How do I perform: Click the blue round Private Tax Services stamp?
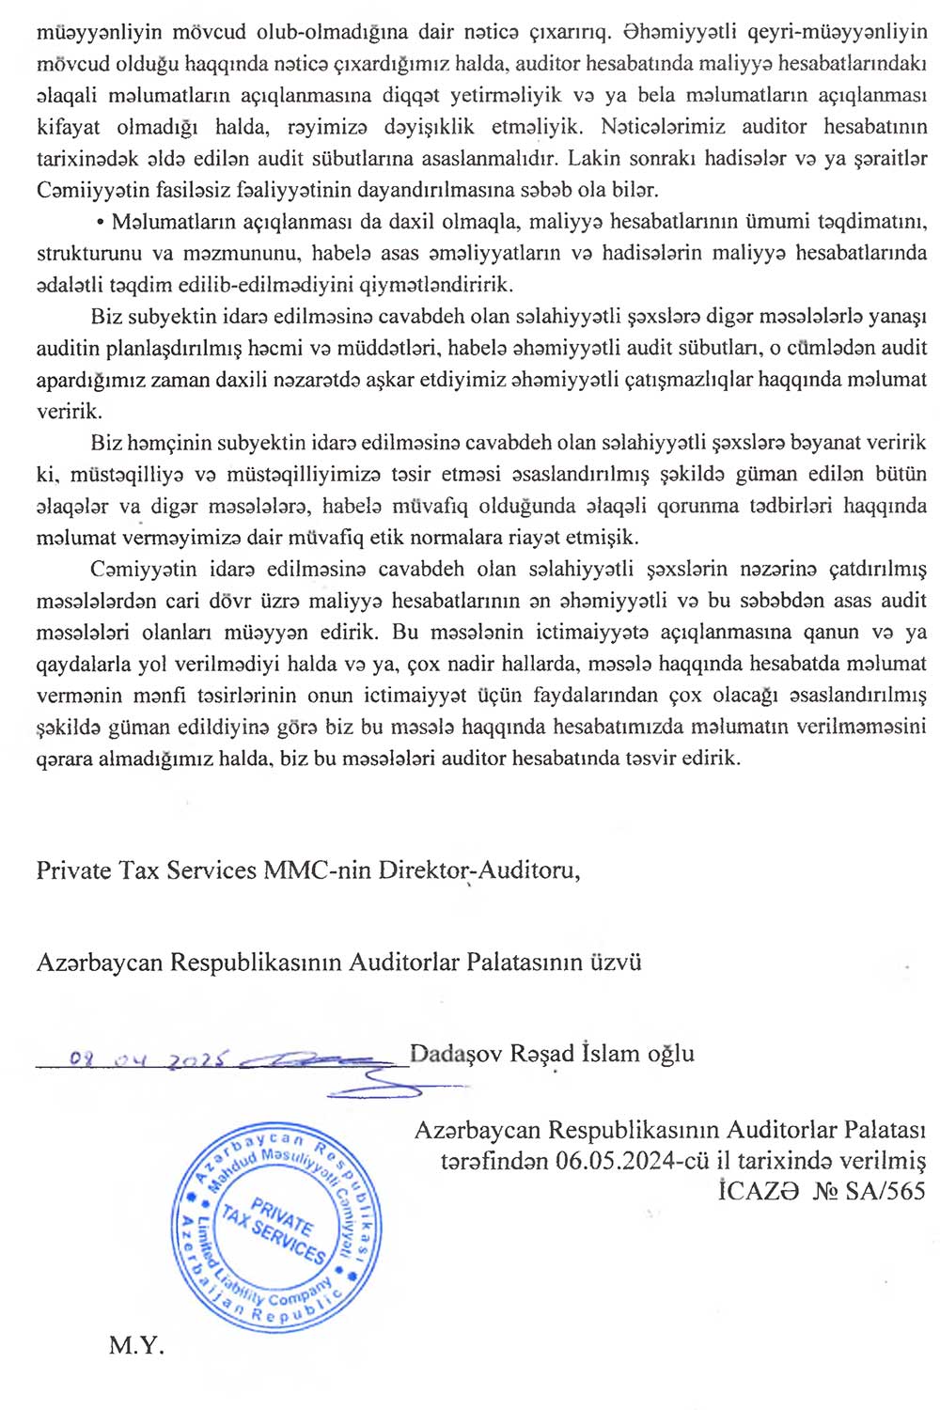(276, 1223)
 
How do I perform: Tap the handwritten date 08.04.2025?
(150, 1060)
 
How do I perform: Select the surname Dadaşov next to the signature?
(457, 1053)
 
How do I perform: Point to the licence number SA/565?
(885, 1191)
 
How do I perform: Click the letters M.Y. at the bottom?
(136, 1345)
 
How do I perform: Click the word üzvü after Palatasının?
(616, 962)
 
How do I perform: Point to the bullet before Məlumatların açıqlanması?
(99, 223)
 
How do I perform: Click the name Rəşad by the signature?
(541, 1053)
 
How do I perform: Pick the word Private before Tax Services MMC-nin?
(74, 870)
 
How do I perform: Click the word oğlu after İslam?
(670, 1053)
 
